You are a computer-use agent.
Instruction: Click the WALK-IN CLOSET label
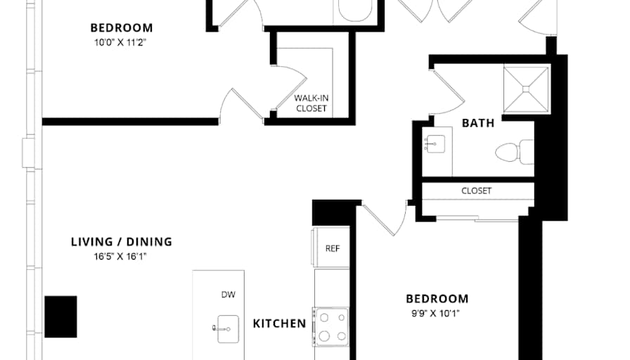[311, 103]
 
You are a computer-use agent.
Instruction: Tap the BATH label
[478, 123]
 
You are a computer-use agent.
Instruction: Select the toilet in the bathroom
[514, 152]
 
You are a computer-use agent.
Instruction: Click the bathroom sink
[435, 144]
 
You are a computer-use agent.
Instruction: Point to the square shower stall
[526, 89]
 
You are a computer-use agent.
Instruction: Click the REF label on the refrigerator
[333, 249]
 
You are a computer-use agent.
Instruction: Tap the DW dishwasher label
[229, 295]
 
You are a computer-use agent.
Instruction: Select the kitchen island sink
[226, 328]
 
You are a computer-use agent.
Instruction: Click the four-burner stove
[331, 327]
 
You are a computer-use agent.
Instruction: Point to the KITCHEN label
[280, 324]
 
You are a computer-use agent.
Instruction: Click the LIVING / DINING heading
[122, 242]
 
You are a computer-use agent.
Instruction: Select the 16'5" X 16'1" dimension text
[120, 257]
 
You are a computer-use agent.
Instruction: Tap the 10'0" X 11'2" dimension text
[120, 43]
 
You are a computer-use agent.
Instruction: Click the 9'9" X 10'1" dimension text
[435, 314]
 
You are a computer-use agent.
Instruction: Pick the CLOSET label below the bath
[477, 191]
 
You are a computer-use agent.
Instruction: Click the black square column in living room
[60, 316]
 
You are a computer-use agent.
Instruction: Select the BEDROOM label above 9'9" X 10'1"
[437, 299]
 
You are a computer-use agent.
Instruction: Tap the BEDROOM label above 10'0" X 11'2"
[122, 28]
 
